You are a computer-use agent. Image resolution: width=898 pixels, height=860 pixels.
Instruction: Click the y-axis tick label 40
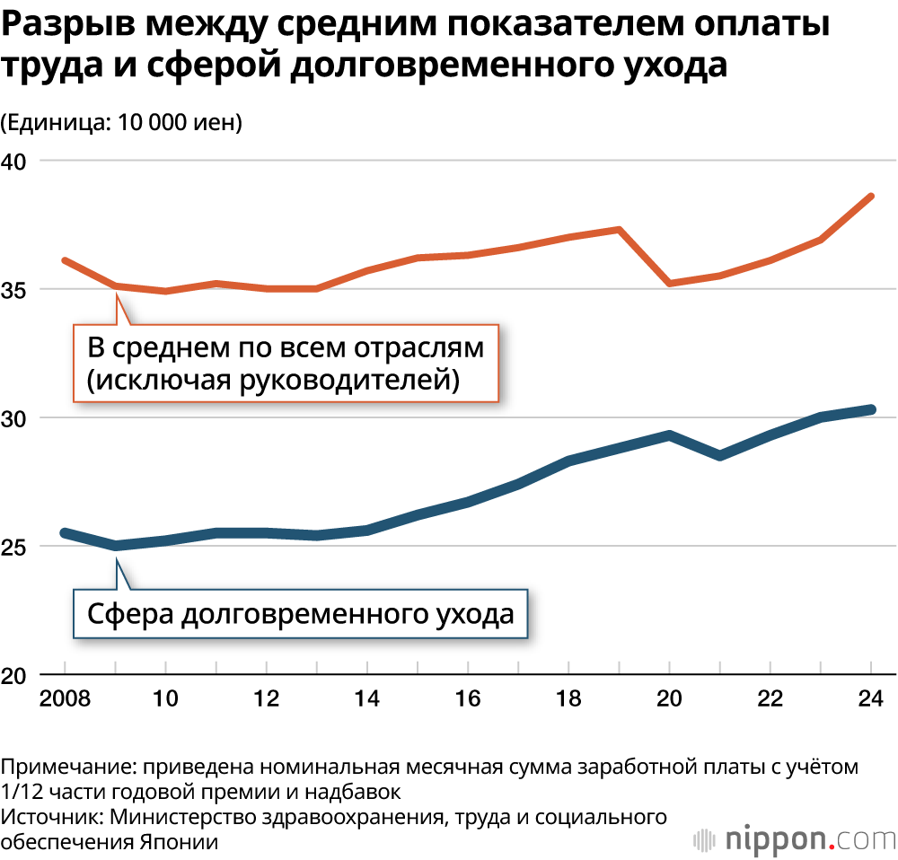15,161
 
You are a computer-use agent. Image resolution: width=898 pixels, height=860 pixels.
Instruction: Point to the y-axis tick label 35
15,289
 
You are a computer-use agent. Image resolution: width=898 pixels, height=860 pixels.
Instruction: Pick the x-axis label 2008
65,698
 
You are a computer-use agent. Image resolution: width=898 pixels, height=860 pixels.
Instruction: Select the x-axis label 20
670,698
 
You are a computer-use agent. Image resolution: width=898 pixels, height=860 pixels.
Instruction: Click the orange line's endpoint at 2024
871,196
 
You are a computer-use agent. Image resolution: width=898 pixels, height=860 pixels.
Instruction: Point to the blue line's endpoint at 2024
871,409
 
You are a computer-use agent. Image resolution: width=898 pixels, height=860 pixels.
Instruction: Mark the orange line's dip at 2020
670,284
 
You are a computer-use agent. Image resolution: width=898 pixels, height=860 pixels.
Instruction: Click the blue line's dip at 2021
720,456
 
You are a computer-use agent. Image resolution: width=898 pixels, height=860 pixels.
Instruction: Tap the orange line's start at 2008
65,260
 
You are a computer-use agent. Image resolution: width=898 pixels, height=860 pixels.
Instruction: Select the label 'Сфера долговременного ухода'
300,614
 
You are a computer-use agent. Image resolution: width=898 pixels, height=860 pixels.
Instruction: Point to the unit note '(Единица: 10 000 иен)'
122,122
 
